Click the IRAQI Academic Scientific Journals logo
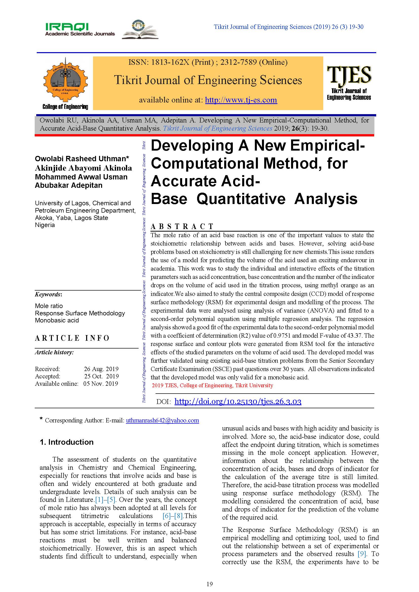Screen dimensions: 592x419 [80, 29]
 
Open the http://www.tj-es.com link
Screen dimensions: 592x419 [241, 100]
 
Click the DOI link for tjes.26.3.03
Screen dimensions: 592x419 [238, 401]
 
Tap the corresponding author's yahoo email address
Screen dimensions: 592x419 [162, 420]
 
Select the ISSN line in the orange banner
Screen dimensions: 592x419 [208, 62]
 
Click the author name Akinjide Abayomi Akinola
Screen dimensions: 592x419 [83, 168]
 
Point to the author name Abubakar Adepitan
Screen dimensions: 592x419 [69, 185]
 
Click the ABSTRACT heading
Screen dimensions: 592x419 [182, 226]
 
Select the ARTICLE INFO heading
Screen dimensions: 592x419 [72, 338]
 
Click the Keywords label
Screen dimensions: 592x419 [48, 294]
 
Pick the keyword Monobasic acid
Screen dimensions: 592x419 [57, 320]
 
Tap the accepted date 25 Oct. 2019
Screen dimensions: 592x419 [101, 376]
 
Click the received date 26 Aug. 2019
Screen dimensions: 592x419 [101, 369]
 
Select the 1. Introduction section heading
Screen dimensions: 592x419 [67, 442]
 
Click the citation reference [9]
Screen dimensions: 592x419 [362, 554]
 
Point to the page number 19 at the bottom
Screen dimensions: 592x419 [210, 584]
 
